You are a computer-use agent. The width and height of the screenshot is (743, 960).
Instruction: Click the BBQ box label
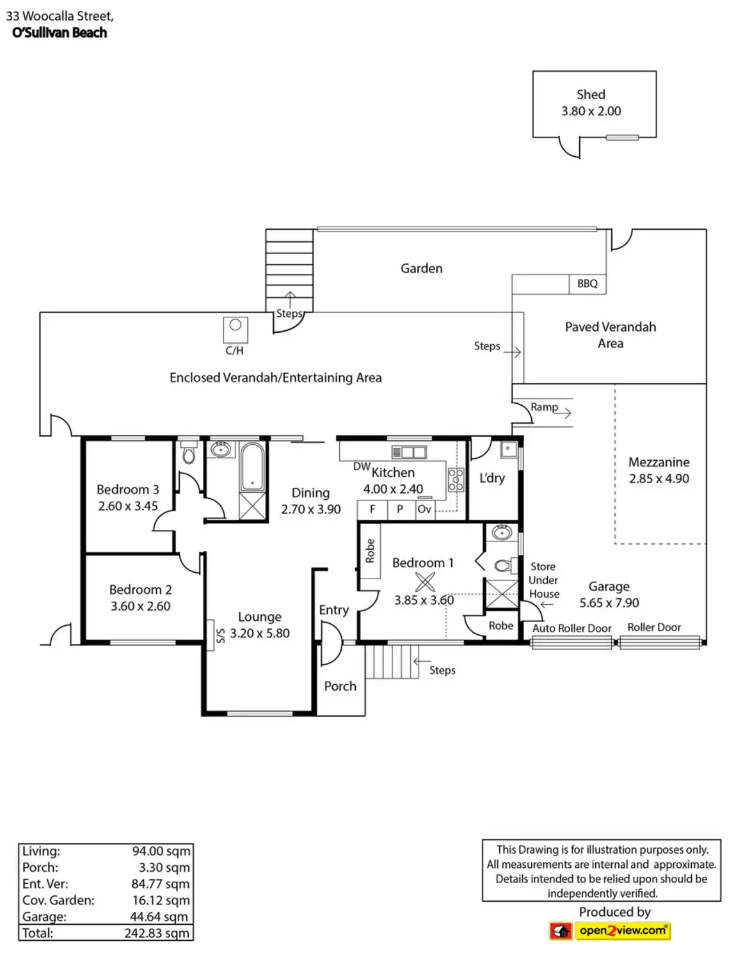point(587,284)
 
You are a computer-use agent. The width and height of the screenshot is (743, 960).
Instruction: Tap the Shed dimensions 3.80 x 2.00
point(591,111)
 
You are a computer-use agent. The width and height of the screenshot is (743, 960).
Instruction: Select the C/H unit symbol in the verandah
point(235,330)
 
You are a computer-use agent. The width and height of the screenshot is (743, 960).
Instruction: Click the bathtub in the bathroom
point(252,467)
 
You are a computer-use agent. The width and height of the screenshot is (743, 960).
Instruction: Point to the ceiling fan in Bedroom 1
point(424,582)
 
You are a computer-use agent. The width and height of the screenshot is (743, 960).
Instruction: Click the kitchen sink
point(409,452)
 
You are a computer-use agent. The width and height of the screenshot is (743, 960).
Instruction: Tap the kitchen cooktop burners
point(456,480)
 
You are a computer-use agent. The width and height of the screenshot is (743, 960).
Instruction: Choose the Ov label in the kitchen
point(424,509)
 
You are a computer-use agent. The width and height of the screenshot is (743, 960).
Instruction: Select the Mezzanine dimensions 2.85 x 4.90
point(659,479)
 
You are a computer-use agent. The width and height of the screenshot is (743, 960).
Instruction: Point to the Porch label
point(340,686)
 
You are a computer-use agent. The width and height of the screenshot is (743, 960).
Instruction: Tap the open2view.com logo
point(610,931)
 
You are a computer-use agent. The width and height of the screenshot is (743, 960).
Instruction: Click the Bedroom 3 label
point(127,490)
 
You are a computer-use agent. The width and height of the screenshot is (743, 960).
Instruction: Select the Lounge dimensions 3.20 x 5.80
point(260,633)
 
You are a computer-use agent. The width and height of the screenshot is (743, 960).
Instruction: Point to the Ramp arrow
point(561,413)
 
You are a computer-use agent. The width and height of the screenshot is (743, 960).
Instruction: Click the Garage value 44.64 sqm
point(159,916)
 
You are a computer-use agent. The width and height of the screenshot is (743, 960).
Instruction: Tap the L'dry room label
point(491,478)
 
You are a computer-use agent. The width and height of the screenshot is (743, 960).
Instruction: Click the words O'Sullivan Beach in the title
point(60,33)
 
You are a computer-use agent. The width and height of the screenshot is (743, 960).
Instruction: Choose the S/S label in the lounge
point(220,636)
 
